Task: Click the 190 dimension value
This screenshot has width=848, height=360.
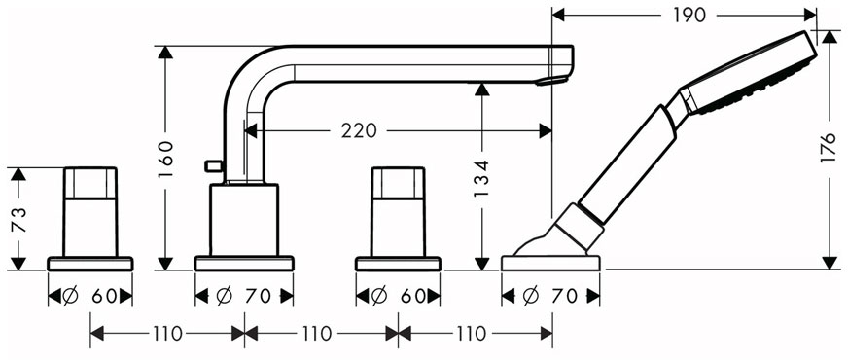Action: tap(689, 16)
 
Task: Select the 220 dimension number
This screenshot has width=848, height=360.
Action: tap(358, 130)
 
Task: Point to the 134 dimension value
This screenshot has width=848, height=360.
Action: tap(482, 177)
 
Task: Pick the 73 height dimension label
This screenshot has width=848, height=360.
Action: tap(18, 219)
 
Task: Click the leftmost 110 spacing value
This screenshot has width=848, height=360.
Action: tap(167, 334)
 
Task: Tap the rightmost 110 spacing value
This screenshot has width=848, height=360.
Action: tap(472, 334)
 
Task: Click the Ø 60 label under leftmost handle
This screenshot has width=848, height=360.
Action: tap(89, 296)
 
